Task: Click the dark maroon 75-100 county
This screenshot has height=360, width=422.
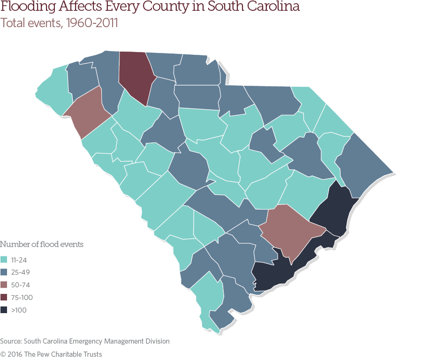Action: click(x=135, y=75)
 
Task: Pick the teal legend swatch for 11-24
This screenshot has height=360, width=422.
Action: click(x=4, y=259)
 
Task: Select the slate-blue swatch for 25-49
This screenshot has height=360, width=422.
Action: click(x=4, y=272)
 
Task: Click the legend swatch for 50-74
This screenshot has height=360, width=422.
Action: click(x=4, y=285)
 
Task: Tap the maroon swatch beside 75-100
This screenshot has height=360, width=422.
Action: click(x=4, y=297)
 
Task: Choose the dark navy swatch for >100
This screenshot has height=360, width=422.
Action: click(x=4, y=310)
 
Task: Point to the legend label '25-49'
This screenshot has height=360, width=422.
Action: click(x=24, y=272)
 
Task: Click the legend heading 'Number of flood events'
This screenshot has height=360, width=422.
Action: click(x=42, y=244)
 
